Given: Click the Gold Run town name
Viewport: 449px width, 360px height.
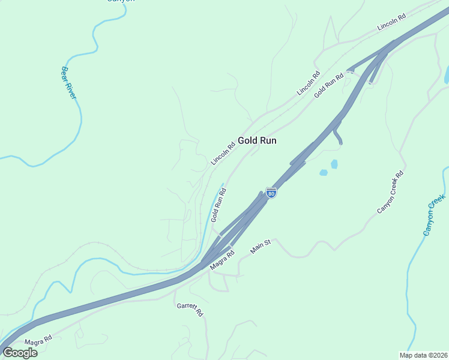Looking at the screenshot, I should [257, 140].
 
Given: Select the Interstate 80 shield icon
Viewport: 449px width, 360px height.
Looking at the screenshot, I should [271, 193].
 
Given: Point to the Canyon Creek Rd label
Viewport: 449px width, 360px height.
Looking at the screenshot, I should [390, 192].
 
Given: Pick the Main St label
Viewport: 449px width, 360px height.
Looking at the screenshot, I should [261, 246].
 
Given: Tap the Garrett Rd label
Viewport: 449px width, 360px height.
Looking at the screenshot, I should [190, 310].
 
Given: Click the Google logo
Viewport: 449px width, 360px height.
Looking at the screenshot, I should [20, 352].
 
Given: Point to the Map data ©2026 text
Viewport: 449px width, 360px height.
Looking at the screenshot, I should [427, 355].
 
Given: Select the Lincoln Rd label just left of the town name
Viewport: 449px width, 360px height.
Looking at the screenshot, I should [223, 154].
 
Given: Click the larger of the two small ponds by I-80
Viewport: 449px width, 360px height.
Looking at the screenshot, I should [334, 164].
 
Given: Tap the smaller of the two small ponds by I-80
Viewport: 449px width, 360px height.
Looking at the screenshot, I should [324, 173].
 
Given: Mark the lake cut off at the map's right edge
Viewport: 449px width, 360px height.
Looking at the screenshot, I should [446, 75].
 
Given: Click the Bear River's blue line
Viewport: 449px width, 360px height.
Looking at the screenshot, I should [78, 120].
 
